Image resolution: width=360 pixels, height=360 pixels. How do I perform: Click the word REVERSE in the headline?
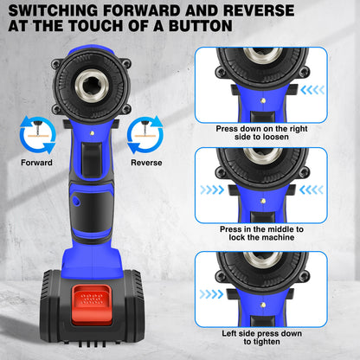[x=257, y=10]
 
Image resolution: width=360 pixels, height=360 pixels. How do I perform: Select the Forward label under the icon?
[x=37, y=162]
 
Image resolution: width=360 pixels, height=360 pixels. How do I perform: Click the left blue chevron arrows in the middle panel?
[x=212, y=189]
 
